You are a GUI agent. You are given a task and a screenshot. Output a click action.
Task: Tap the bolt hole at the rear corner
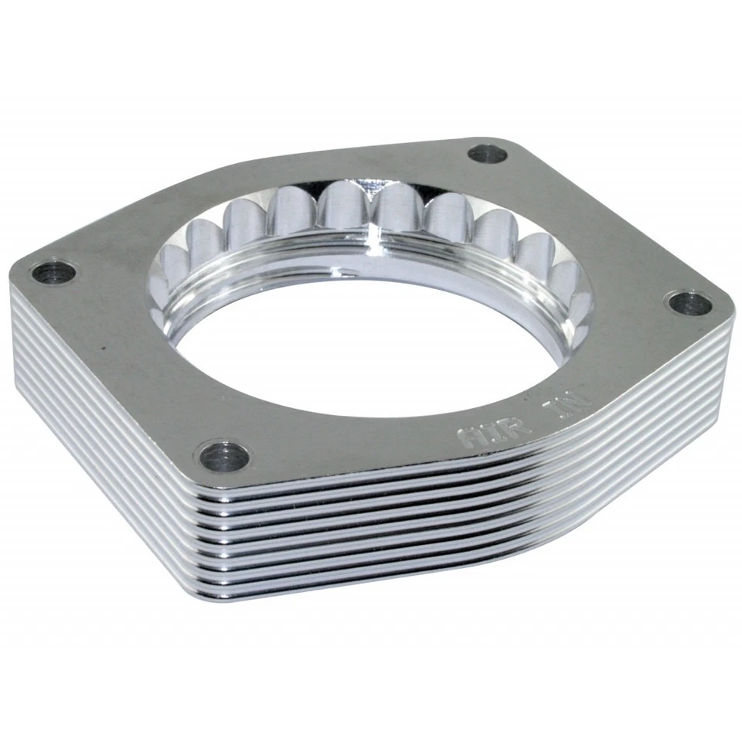488,155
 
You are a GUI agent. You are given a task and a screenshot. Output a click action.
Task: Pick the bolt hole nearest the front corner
223,457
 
